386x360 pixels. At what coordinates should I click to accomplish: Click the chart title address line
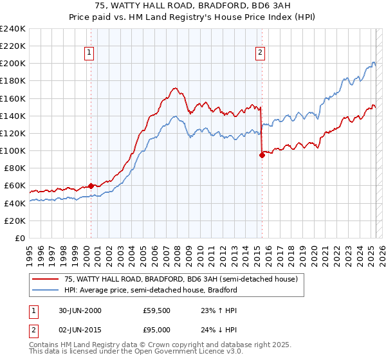pos(192,6)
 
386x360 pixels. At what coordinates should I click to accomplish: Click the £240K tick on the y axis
pos(13,29)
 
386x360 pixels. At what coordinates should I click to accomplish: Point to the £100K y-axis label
pos(13,150)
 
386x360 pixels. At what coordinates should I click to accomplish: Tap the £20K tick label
pos(15,221)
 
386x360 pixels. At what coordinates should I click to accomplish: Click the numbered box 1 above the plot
pos(89,53)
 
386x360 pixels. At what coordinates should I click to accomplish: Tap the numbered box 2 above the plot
pos(261,53)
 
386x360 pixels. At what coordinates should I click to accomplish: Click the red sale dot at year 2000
pos(91,186)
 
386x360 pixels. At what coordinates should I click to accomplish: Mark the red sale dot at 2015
pos(262,155)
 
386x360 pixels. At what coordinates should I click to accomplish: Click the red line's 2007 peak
pos(174,88)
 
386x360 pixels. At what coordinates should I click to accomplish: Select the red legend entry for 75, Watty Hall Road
pos(180,280)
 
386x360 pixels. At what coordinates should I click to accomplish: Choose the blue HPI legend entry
pos(151,290)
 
